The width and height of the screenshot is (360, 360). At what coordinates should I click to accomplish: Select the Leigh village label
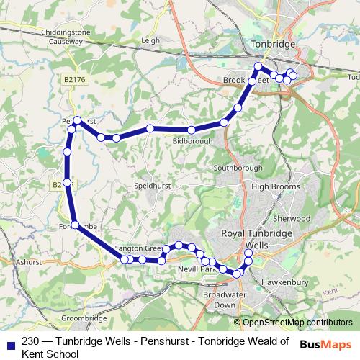click(150, 41)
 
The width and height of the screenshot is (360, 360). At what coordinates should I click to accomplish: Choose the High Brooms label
click(270, 186)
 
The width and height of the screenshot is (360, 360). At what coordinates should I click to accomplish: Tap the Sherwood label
click(292, 218)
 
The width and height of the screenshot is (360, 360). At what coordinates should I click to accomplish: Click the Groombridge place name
click(84, 317)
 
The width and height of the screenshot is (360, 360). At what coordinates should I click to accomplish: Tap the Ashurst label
click(29, 263)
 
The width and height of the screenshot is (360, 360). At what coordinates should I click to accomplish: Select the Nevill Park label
click(197, 269)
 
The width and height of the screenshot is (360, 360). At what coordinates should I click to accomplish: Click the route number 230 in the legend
click(31, 342)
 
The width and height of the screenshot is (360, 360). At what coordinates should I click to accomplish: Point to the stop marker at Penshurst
click(78, 120)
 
